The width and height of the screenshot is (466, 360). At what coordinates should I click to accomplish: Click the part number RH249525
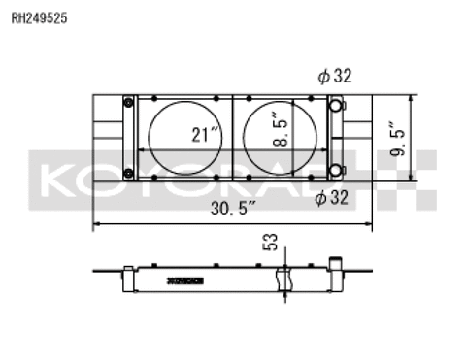click(40, 16)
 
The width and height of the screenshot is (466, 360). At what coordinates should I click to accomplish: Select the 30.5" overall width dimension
click(232, 208)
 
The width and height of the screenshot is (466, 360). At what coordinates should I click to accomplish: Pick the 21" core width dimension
click(203, 135)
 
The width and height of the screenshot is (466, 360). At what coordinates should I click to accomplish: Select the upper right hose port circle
click(335, 106)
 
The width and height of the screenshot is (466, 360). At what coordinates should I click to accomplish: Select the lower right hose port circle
click(335, 172)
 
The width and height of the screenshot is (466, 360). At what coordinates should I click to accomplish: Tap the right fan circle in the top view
click(283, 139)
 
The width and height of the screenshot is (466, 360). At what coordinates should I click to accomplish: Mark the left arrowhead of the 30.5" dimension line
click(96, 224)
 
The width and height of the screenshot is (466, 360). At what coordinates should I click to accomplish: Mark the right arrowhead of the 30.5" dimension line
click(371, 224)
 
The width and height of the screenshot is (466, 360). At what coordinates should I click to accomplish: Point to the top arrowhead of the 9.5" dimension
click(416, 98)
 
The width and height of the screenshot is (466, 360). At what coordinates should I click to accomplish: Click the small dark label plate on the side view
click(185, 280)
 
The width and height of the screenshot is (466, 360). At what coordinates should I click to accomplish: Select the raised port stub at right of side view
click(337, 265)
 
